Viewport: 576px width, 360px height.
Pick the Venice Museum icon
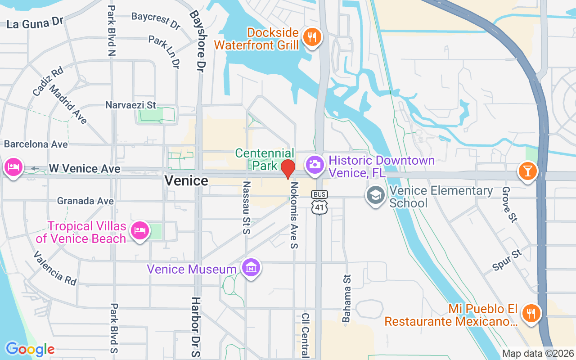[251, 268]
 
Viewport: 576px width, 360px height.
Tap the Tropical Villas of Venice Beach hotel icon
[139, 231]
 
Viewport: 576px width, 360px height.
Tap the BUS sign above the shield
[319, 194]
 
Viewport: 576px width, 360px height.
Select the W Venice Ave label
[85, 169]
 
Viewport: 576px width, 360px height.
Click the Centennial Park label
[265, 159]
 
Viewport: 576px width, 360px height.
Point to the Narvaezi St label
[130, 105]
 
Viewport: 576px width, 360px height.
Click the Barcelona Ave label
[36, 144]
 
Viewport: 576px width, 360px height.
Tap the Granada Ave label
[85, 201]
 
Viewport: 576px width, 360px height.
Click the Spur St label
[508, 260]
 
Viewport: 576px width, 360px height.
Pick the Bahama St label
[346, 298]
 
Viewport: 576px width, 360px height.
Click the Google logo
[30, 349]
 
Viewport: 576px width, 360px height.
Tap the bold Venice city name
[186, 181]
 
